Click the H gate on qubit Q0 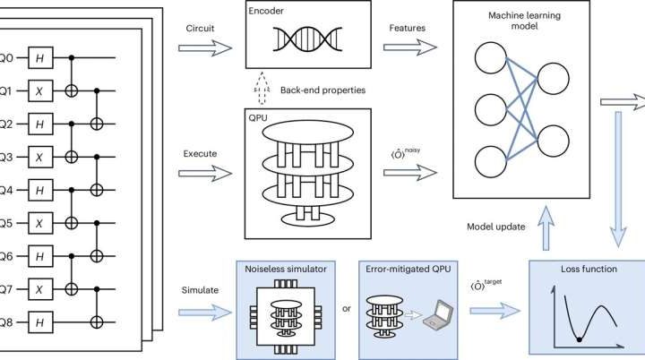coord(39,56)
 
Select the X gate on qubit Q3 coord(39,154)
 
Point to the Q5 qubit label coord(5,220)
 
